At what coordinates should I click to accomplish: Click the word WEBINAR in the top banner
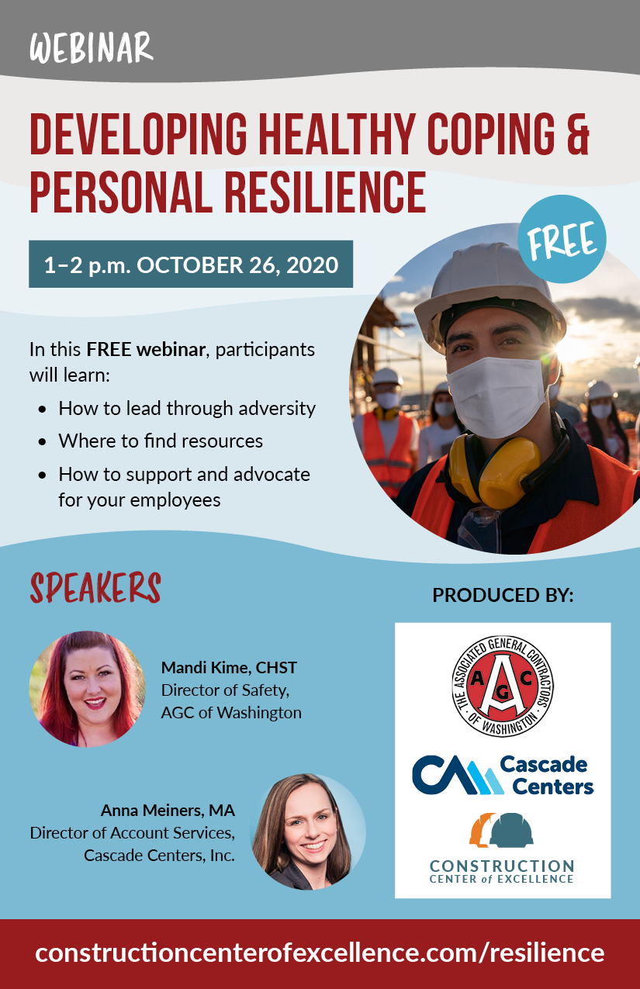[92, 47]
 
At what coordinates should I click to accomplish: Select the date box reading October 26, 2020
[191, 265]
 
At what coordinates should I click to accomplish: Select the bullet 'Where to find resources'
[161, 441]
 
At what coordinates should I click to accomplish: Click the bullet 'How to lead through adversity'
[187, 408]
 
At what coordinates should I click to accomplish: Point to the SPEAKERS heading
[95, 589]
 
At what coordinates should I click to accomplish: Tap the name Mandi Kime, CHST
[229, 667]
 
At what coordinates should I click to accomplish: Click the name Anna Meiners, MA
[168, 811]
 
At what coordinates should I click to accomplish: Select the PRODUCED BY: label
[503, 596]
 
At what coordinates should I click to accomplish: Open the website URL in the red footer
[320, 952]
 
